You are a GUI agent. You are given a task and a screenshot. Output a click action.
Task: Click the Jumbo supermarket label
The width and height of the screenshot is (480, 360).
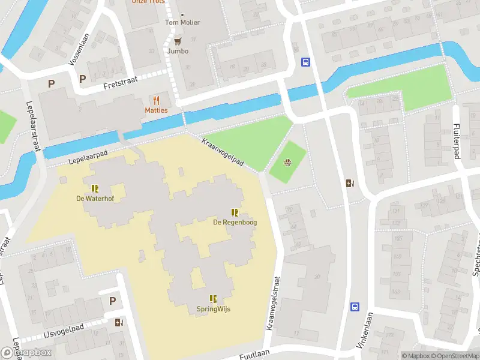[178, 51]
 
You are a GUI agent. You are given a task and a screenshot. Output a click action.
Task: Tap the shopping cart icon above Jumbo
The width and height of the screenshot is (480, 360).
[178, 41]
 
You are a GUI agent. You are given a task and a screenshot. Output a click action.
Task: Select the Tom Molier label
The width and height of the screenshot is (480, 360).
[182, 23]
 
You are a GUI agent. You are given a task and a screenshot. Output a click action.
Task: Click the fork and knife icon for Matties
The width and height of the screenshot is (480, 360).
[157, 100]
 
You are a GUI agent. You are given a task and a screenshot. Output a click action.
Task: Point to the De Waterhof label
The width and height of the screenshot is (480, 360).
[95, 199]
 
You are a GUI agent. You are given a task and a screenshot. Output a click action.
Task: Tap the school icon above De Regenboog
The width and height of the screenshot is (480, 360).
[235, 212]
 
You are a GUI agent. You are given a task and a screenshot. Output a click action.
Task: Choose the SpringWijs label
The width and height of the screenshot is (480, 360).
[213, 309]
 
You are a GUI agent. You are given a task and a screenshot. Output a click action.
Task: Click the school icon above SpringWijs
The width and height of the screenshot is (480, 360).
[213, 299]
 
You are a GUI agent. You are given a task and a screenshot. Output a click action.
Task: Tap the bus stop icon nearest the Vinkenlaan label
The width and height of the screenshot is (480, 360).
[355, 307]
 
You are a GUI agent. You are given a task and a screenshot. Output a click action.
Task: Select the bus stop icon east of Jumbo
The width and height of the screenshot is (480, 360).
[305, 62]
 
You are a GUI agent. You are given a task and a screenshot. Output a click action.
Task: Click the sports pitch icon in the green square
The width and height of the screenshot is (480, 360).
[288, 162]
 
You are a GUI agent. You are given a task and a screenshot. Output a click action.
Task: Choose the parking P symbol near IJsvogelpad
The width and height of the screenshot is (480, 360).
[112, 301]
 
